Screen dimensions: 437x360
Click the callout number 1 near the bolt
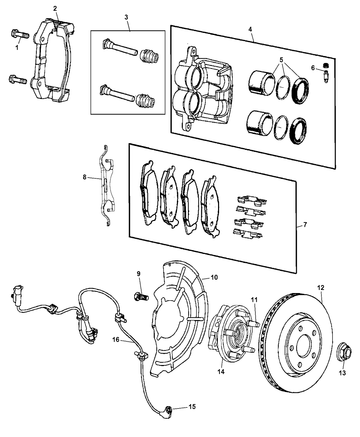click(x=16, y=48)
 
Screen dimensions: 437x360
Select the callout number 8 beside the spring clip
click(x=85, y=178)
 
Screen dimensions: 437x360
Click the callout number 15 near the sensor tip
click(x=192, y=407)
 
